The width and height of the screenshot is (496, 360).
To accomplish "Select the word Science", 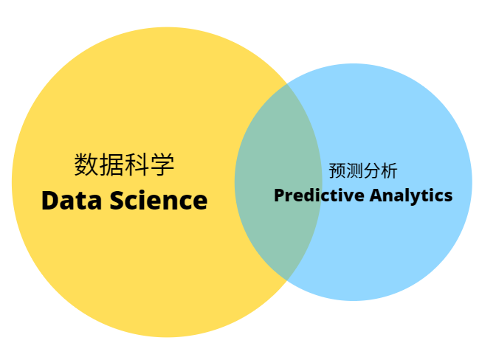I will click(159, 201).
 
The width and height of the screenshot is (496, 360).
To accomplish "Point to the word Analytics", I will click(411, 196).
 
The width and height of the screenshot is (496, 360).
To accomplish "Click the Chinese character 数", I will click(86, 165).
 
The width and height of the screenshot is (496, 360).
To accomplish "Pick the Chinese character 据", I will click(111, 165).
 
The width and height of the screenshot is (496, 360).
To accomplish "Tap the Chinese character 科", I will click(137, 165).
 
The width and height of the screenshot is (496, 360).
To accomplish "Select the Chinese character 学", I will click(162, 165).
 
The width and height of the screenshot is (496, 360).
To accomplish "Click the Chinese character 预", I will click(337, 171).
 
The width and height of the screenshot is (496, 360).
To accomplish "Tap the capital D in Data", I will click(50, 201).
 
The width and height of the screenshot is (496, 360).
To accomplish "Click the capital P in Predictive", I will click(279, 196).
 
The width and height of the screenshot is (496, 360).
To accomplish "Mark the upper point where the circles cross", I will click(287, 84).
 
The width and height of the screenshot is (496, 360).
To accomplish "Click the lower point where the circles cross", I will click(287, 279).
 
